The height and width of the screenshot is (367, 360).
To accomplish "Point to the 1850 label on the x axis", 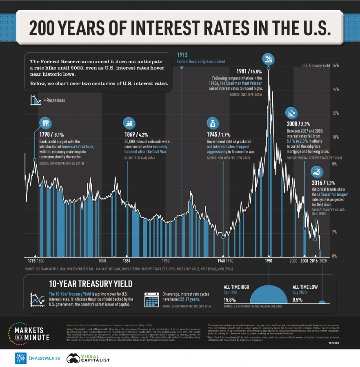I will [102, 260].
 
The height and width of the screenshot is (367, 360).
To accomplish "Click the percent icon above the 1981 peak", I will [268, 59].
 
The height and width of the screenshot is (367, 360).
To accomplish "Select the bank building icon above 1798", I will [45, 123].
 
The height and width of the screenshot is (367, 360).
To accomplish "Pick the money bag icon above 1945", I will [213, 123].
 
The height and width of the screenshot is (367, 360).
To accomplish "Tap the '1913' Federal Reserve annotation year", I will [182, 55].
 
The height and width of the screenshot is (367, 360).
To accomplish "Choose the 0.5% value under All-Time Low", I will [298, 300].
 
